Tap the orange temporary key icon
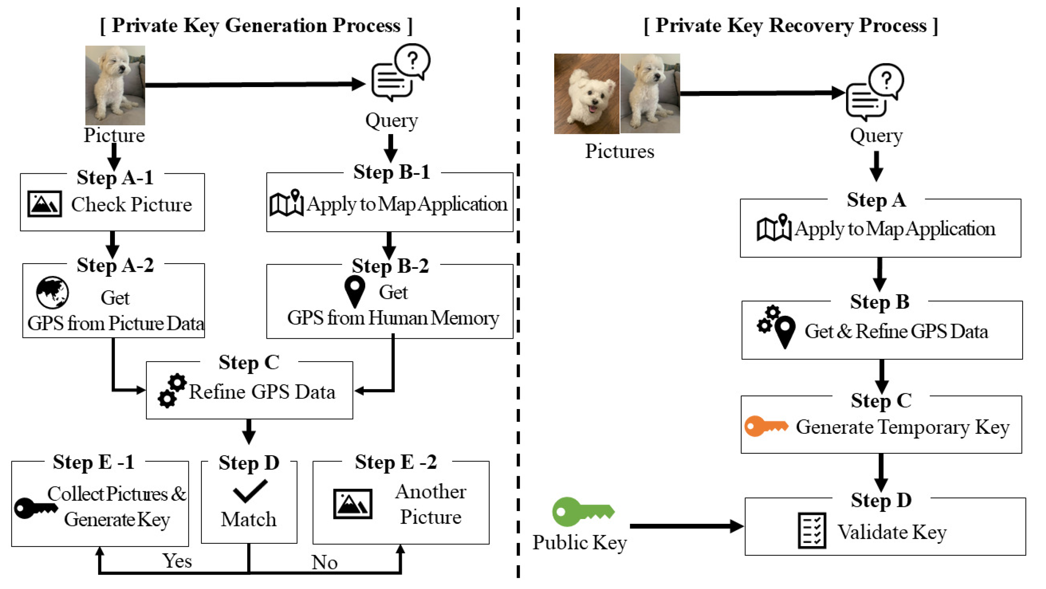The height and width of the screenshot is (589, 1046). coord(766,426)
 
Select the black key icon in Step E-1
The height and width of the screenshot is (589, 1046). coord(36,508)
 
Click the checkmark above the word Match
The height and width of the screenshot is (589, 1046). coord(250,491)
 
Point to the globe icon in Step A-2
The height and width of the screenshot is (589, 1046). coord(52,293)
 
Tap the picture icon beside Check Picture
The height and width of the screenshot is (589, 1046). coord(45,204)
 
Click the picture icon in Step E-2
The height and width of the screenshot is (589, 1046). coord(352,504)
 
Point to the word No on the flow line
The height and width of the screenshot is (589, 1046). coord(324,562)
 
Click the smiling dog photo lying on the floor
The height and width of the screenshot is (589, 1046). coord(587,94)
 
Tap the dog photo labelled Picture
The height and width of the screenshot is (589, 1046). coord(115,85)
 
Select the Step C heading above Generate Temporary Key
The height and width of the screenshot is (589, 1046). coord(881,401)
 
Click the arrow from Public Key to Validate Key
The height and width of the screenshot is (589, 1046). coord(687,526)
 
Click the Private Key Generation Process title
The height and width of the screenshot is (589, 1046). coord(256,25)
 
